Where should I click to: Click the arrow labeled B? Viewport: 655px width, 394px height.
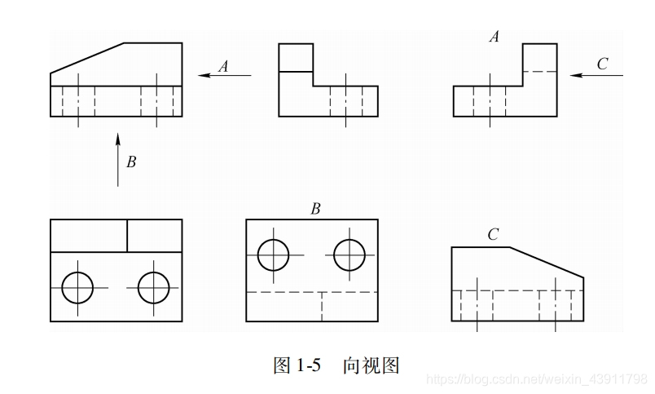pos(118,158)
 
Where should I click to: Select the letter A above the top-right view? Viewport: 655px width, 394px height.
pos(494,37)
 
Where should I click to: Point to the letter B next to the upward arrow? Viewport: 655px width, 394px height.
pos(130,162)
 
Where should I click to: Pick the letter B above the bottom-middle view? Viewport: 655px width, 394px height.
pos(314,210)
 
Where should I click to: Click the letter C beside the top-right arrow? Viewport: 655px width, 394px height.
pos(602,64)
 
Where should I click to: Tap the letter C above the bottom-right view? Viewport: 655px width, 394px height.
pos(493,236)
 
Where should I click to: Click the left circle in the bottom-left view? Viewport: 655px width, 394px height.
pos(78,287)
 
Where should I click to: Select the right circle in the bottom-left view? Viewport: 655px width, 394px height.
pos(154,287)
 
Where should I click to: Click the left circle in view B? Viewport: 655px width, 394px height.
pos(274,255)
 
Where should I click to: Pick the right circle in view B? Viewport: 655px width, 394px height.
pos(349,255)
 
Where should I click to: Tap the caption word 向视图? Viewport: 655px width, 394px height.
pos(371,365)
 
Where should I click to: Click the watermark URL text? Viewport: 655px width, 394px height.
pos(538,379)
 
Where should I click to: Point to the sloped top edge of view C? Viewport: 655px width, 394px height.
pos(547,262)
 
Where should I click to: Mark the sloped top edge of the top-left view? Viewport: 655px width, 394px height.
pos(88,58)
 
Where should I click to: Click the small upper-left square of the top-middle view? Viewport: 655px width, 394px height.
pos(296,58)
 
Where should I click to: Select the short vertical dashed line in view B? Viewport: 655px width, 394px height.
pos(322,306)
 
